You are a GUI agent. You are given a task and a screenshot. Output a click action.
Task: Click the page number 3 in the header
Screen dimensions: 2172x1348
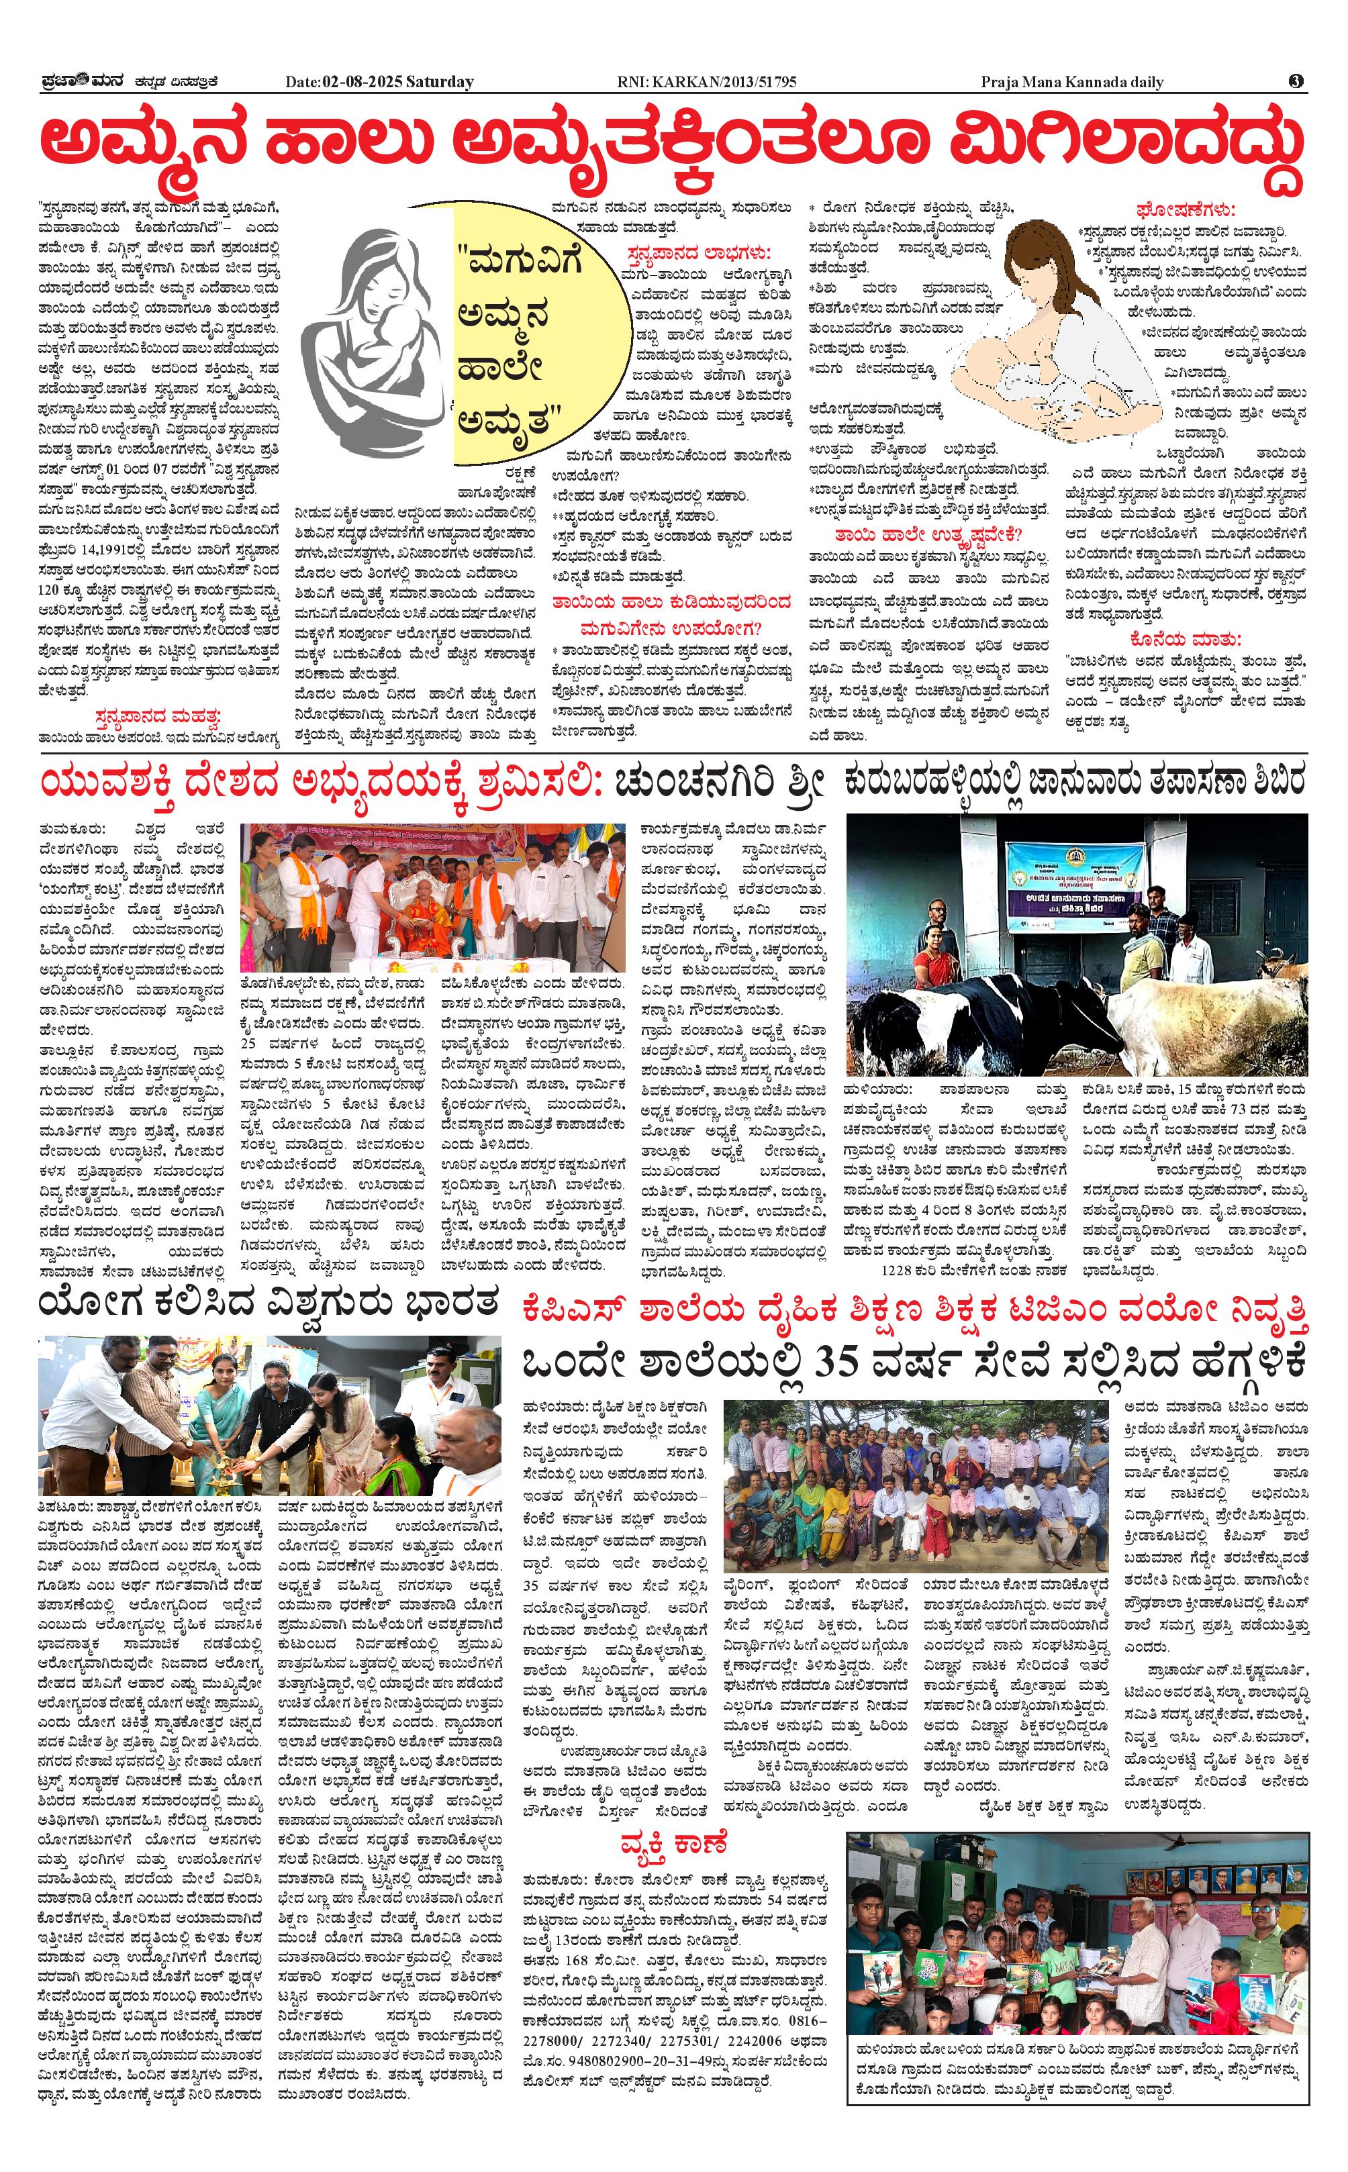(x=1296, y=81)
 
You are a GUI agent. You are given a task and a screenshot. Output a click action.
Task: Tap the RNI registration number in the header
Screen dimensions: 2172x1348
(x=706, y=82)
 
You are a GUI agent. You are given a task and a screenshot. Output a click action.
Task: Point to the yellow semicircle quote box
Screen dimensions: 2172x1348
(x=522, y=334)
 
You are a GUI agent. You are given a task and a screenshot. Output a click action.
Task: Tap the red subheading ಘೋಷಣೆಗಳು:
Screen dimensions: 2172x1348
(x=1185, y=210)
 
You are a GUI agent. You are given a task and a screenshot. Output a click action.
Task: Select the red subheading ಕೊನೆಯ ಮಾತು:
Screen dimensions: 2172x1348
(x=1185, y=639)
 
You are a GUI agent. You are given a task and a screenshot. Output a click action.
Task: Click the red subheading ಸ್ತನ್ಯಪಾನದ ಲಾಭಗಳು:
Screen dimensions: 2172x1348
(x=698, y=252)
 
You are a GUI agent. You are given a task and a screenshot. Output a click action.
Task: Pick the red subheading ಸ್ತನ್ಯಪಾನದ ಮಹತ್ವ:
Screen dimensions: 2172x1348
(x=158, y=717)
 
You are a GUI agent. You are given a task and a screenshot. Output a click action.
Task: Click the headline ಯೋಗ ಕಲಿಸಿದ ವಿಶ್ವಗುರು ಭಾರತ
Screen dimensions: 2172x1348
(x=267, y=1305)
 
